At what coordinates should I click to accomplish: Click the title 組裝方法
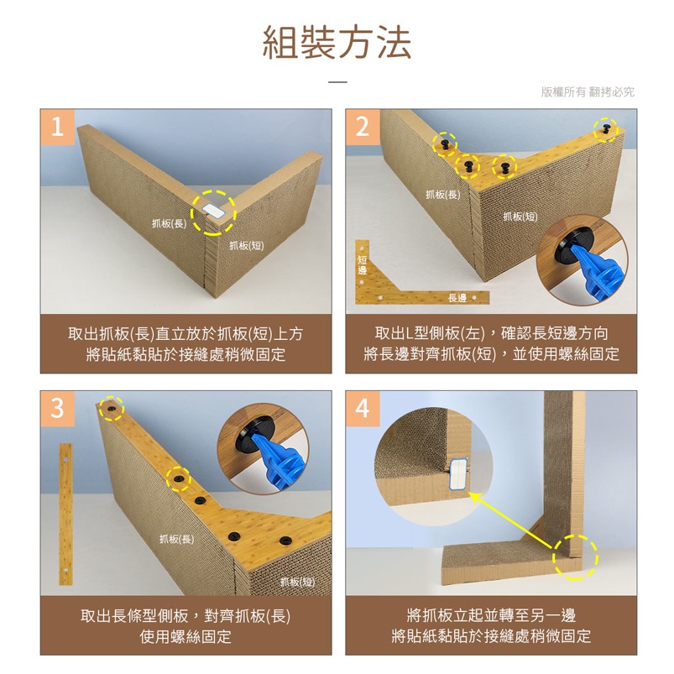[337, 42]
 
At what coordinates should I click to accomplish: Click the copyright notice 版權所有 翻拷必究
[588, 91]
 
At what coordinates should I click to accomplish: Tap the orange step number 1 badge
[57, 127]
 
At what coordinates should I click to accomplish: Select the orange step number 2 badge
[363, 127]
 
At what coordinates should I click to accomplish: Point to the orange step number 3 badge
[57, 409]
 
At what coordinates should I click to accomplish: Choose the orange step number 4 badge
[363, 409]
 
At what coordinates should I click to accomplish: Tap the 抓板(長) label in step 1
[169, 223]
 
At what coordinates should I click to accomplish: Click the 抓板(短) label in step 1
[246, 245]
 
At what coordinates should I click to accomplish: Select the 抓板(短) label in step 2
[520, 217]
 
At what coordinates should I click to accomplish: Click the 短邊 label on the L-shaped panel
[363, 264]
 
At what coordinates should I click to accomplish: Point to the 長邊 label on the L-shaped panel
[457, 298]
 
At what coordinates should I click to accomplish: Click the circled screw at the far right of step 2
[606, 129]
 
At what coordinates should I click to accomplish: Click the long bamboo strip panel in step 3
[65, 514]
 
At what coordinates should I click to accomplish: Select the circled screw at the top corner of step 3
[112, 408]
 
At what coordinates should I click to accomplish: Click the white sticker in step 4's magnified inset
[458, 473]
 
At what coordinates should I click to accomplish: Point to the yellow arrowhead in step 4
[474, 498]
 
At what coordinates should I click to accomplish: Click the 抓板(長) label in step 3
[176, 539]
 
